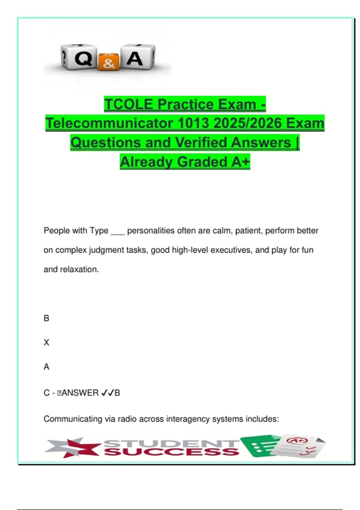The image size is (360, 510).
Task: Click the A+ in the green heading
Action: click(x=240, y=162)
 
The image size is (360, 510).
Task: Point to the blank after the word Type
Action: click(x=118, y=231)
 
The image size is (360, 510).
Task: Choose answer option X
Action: click(x=46, y=343)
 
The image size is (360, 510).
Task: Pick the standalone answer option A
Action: click(x=46, y=367)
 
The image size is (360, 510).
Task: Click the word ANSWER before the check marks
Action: click(x=80, y=393)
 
